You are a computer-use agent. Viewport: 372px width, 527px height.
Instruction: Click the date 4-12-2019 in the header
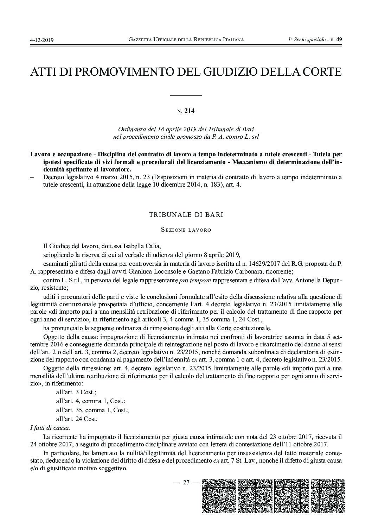coord(41,40)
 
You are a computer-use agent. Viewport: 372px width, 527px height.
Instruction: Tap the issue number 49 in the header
coord(339,39)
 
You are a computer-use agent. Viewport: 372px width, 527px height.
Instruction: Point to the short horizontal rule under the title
coord(186,95)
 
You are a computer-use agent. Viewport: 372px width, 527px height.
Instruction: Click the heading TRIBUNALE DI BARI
coord(186,214)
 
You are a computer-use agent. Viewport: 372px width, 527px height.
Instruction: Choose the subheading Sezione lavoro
coord(186,230)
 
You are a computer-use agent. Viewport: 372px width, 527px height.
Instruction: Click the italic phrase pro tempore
coord(193,281)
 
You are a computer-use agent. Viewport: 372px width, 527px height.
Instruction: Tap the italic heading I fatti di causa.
coord(50,428)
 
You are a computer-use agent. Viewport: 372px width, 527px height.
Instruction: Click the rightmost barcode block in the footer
coord(325,495)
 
